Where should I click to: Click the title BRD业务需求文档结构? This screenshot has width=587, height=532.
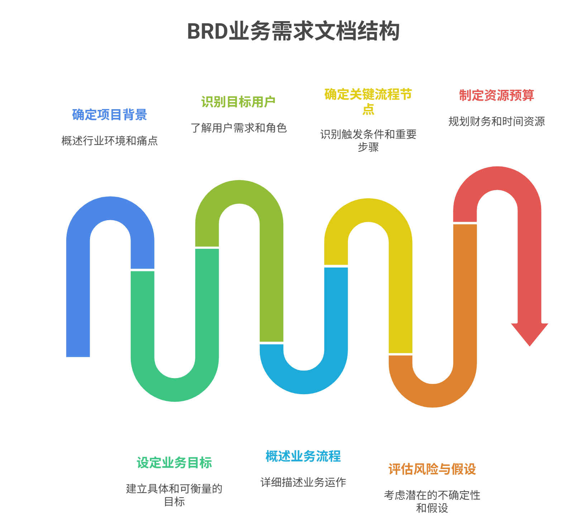pos(293,32)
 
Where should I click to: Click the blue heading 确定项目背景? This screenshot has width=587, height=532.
pos(110,115)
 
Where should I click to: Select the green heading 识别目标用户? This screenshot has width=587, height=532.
pos(238,102)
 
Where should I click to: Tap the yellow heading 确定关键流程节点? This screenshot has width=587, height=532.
pos(368,101)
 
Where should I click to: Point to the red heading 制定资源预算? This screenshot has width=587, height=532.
pos(497,95)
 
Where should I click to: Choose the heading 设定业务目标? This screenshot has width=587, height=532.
pos(175,463)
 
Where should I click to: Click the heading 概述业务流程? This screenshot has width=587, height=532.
pos(303,456)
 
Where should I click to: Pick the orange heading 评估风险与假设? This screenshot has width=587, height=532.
pos(432,469)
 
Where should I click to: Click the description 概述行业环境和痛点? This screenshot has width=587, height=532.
pos(110,141)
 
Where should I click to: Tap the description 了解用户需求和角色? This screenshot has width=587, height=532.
pos(239,128)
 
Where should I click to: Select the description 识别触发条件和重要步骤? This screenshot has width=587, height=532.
pos(368,140)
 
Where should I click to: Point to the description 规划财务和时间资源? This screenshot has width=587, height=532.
pos(497,121)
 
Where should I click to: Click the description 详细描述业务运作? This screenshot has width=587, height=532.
pos(303,482)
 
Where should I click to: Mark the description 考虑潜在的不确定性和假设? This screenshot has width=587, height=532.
pos(432,501)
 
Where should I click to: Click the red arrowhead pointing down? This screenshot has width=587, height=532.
pos(529,333)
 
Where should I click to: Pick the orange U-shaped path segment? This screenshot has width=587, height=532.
pos(433,395)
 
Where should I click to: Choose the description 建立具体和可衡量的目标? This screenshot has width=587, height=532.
pos(175,495)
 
